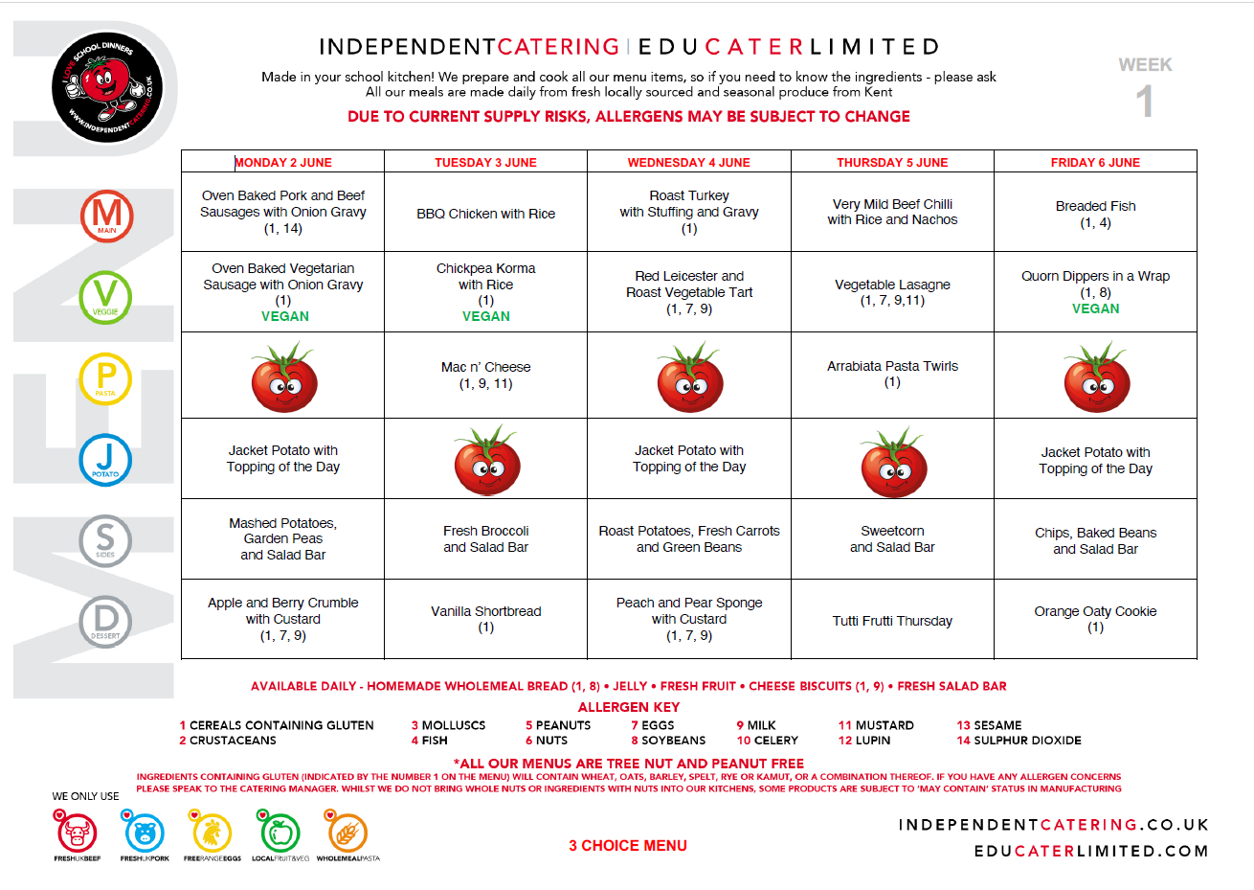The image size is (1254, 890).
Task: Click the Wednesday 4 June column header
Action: [688, 162]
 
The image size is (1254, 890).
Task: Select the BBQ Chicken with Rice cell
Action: [485, 214]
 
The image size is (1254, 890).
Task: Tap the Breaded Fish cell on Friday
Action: [1095, 214]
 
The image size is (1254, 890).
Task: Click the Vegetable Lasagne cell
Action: [892, 292]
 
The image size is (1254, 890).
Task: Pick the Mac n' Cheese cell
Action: [485, 375]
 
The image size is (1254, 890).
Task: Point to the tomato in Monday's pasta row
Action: [283, 377]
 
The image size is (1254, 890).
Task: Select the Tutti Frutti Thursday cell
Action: [892, 621]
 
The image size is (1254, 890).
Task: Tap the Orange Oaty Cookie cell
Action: [1095, 619]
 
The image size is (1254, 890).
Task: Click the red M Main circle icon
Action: [106, 216]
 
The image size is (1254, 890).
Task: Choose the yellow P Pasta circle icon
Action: [105, 378]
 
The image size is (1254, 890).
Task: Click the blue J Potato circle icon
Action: [105, 460]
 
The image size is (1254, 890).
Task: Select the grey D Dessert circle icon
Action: [105, 621]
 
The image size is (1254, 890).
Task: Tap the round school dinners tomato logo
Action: [107, 86]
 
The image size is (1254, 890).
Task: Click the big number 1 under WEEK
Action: [1145, 102]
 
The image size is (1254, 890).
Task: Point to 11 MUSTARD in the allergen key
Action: [876, 725]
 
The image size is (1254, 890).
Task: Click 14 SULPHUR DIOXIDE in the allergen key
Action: [1019, 741]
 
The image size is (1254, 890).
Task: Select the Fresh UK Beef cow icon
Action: [77, 832]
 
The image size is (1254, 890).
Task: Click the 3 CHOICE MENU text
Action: [628, 845]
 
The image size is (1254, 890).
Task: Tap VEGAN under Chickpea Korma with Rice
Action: [485, 316]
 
